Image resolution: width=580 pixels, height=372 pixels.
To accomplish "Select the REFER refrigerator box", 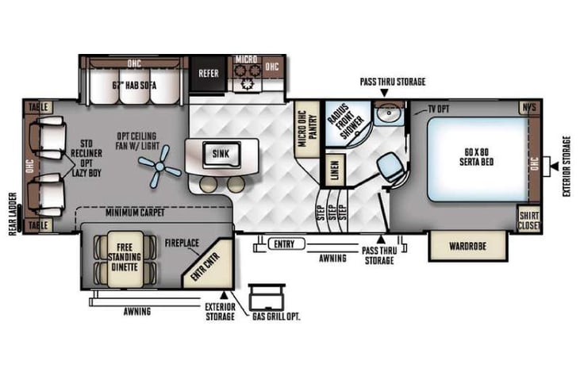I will click(209, 73).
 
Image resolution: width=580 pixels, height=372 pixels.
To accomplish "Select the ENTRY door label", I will click(283, 244).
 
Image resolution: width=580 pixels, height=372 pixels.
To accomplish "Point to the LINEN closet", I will click(334, 170).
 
